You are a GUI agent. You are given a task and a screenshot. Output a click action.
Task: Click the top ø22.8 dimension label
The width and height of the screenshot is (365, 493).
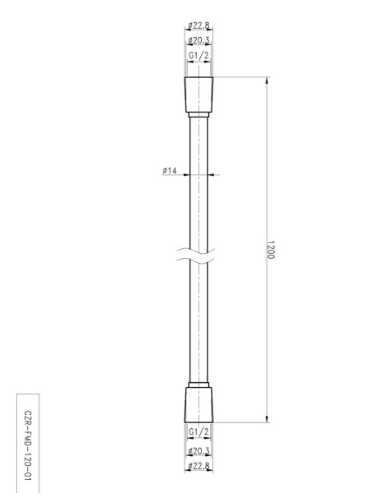[x=199, y=25]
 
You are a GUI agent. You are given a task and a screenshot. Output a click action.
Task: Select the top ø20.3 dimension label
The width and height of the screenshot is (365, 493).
[x=199, y=40]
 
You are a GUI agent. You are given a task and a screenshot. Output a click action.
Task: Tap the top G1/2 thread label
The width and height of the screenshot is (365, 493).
[x=198, y=56]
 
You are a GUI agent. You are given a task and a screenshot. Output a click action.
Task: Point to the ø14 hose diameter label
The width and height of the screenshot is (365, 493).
[x=170, y=170]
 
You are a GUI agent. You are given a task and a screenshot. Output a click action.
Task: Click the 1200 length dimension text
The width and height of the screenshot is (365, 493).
[x=271, y=250]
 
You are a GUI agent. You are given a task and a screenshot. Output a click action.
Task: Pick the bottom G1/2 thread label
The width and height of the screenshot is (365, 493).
[x=198, y=432]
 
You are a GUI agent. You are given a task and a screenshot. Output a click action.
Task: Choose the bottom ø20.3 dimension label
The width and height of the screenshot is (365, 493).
[x=199, y=451]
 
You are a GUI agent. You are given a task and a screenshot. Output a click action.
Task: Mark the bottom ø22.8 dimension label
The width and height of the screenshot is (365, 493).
[x=199, y=466]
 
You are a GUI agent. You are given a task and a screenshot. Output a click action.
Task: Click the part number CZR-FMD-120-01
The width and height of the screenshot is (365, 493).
[x=28, y=445]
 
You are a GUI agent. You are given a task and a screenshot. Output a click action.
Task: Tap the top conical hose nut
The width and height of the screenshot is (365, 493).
[x=198, y=94]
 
